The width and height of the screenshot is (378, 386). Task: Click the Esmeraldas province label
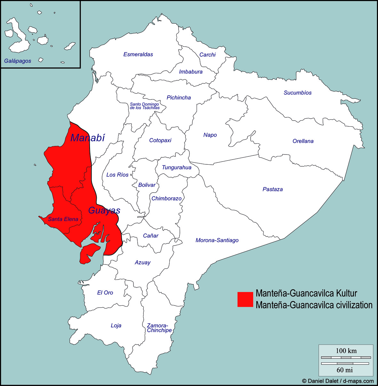tap(138, 54)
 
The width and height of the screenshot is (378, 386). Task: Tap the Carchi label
tap(207, 55)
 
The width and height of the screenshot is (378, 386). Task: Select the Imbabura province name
tap(191, 72)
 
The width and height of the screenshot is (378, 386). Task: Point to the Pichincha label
tap(179, 98)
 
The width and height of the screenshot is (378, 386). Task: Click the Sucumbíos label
tap(297, 93)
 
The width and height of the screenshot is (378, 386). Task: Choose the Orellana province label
tap(303, 141)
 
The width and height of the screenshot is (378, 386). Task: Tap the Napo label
tap(210, 135)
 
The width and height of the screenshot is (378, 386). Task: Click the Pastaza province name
tap(272, 189)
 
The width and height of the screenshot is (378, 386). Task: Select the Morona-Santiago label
tap(217, 240)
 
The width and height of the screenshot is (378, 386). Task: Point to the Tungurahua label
tap(176, 167)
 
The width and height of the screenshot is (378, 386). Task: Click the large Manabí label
tap(87, 138)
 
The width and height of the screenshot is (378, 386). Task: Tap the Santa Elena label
tap(63, 219)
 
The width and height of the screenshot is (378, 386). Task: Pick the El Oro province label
tap(105, 293)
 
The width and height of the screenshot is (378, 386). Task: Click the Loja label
tap(116, 326)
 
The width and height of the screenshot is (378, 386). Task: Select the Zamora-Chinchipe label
tap(159, 328)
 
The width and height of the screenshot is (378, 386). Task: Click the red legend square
tap(245, 299)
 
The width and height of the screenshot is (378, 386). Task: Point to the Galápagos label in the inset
tap(18, 61)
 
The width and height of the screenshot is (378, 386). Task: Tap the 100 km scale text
tap(346, 351)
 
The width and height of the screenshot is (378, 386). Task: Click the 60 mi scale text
tap(344, 370)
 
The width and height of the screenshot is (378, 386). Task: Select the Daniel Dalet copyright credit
tap(338, 381)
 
